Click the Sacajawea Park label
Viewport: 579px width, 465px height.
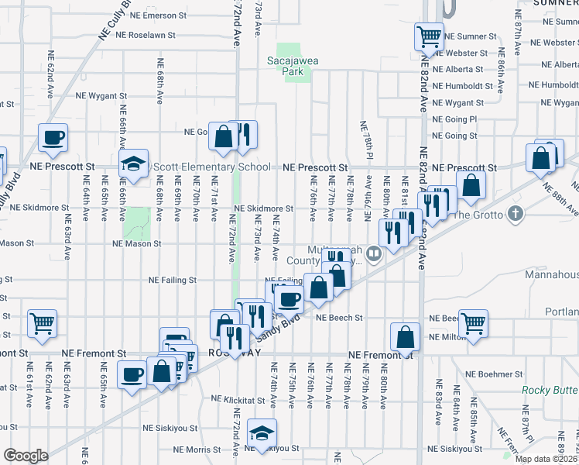[x=293, y=66]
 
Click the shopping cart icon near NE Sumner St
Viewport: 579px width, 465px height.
[x=428, y=35]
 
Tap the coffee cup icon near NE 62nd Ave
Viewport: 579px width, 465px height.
[x=53, y=138]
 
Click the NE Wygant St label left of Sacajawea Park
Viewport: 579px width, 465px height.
[x=101, y=96]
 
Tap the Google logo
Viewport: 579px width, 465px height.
[x=26, y=456]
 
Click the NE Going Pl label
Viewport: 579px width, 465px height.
[x=454, y=119]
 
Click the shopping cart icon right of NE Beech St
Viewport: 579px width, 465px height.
[x=473, y=322]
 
